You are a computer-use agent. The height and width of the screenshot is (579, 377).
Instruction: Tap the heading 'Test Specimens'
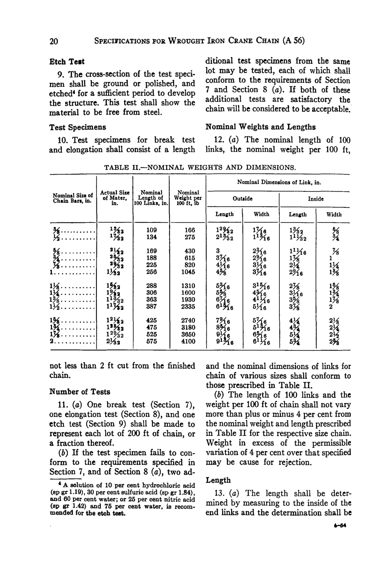(77, 127)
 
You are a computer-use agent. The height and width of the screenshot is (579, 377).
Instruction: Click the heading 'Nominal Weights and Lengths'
(261, 127)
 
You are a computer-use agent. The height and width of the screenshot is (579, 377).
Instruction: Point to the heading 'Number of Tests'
(79, 392)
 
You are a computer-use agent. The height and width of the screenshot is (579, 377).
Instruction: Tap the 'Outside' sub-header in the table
(242, 198)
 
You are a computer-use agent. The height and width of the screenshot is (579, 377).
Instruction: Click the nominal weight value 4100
(188, 341)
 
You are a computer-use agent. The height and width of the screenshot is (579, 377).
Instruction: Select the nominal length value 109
(151, 230)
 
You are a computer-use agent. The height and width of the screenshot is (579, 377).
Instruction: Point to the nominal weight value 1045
(188, 273)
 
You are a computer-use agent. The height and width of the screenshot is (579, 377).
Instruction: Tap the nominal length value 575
(151, 341)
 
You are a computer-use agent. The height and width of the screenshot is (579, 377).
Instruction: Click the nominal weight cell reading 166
(188, 230)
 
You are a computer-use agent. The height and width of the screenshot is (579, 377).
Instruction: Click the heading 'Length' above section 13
(218, 480)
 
